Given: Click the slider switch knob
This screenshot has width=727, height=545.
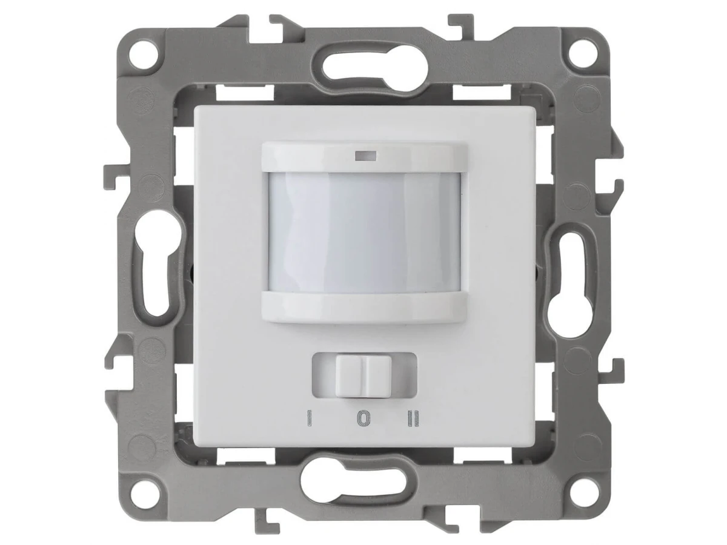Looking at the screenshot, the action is click(363, 376).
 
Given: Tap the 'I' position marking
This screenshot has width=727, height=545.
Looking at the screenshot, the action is click(310, 418).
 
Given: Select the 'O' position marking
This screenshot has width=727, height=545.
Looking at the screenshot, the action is click(363, 418).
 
